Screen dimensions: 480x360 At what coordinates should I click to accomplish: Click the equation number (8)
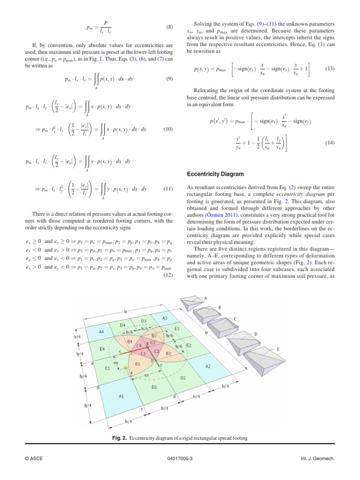pos(170,27)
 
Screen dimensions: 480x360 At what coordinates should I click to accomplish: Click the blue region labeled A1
pos(121,396)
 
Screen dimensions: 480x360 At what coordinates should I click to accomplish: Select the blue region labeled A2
pos(207,366)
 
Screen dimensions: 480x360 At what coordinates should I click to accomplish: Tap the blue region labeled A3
pos(165,318)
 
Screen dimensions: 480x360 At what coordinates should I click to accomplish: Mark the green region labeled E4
pos(102,349)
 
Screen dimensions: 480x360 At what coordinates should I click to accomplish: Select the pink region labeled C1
pos(143,353)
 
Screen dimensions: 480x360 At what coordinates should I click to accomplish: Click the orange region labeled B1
pos(138,363)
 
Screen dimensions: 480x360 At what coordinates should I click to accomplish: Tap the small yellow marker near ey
pos(126,369)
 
